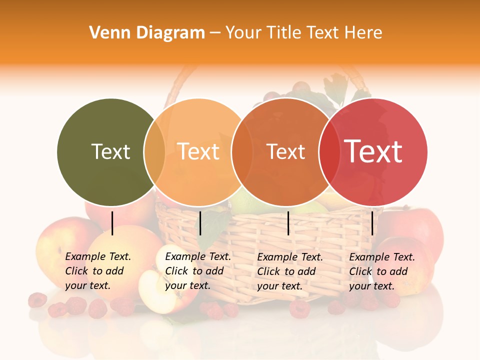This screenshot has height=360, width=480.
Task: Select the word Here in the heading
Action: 363,33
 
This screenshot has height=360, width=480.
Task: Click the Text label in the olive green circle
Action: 110,151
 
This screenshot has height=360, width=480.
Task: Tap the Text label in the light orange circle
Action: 198,151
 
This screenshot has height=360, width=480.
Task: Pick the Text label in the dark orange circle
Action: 286,151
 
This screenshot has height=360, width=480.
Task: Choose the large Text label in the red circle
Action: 373,151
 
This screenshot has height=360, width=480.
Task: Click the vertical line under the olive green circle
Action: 112,223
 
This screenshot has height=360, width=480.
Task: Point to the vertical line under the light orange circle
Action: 200,223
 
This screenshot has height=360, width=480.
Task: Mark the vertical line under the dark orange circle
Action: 288,223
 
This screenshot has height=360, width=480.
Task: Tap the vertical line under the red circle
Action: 372,223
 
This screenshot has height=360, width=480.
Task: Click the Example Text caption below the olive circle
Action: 97,271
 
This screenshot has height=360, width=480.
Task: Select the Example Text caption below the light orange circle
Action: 197,271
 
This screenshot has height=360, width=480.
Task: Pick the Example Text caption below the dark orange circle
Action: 289,271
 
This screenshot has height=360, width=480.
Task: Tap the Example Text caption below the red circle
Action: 381,271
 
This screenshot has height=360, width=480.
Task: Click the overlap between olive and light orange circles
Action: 154,151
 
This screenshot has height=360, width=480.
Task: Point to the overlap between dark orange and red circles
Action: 329,151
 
